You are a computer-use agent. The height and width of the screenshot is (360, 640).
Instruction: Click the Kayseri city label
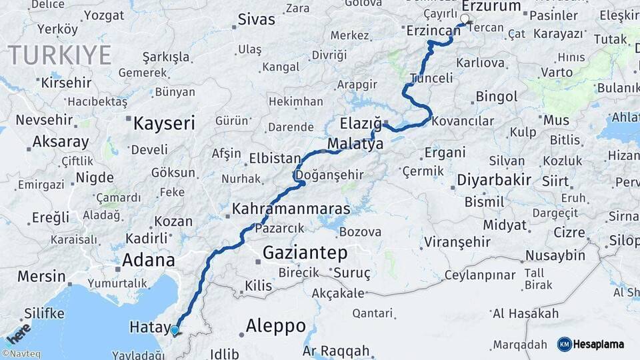(x=164, y=123)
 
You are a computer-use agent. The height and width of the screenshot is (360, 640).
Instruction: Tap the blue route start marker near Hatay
(x=175, y=330)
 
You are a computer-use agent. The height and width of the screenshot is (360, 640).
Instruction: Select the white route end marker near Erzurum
(x=465, y=19)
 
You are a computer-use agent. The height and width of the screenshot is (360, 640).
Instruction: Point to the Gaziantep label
(x=305, y=253)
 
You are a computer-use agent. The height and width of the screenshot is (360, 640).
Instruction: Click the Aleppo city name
(x=275, y=326)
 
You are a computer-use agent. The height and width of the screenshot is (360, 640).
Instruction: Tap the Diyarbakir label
(x=493, y=180)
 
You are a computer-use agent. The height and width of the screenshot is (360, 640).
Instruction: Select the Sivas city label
(x=256, y=19)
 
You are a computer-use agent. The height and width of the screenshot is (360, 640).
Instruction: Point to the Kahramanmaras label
(x=291, y=209)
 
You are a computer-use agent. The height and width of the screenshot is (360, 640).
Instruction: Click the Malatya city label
(x=355, y=144)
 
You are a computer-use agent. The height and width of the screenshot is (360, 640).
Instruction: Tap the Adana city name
(x=148, y=260)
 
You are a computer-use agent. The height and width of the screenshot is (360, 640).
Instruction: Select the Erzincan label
(x=433, y=31)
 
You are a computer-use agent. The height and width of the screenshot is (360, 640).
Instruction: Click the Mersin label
(x=41, y=276)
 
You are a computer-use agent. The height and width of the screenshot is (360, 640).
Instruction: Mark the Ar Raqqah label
(x=335, y=351)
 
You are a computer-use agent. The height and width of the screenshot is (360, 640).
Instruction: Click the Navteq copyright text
(x=21, y=354)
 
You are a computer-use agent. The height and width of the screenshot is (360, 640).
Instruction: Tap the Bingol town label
(x=497, y=97)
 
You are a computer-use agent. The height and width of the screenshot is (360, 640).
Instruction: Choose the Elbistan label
(x=275, y=159)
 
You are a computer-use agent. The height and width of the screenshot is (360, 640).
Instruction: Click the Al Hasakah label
(x=525, y=313)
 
